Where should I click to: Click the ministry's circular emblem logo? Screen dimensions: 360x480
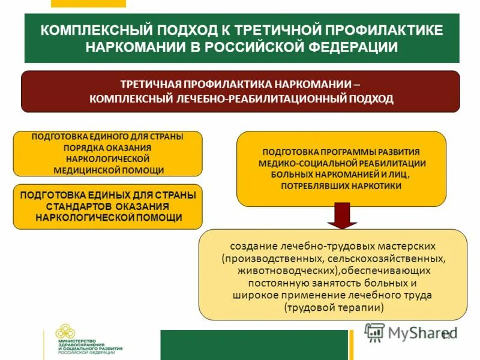[66, 332]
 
